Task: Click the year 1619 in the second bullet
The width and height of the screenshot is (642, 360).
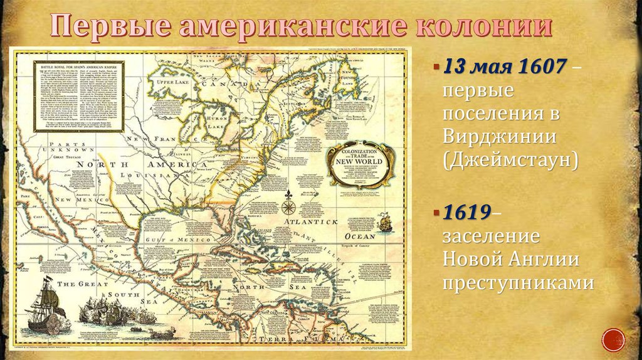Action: (x=467, y=212)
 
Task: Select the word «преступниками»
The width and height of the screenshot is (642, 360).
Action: (x=518, y=282)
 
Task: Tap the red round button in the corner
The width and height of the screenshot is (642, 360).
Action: (x=613, y=339)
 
